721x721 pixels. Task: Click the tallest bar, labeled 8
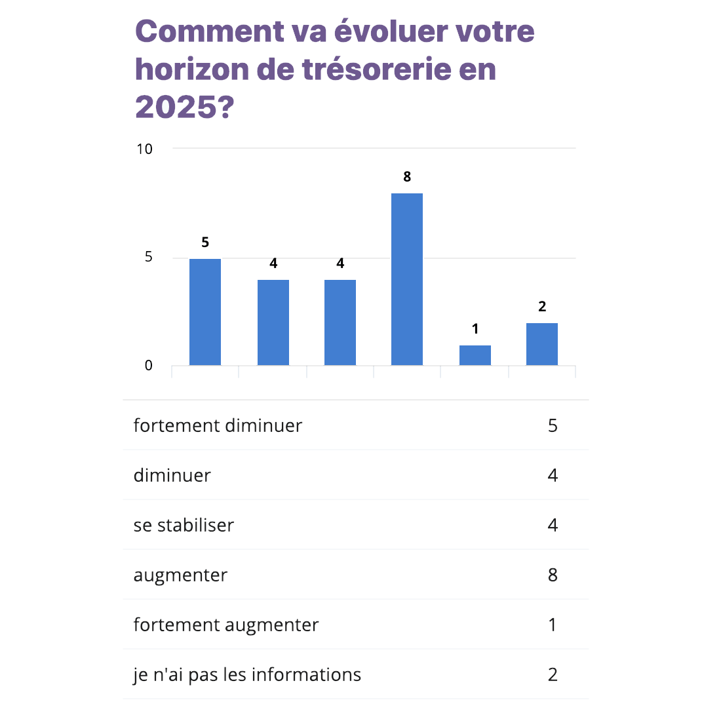[x=406, y=279]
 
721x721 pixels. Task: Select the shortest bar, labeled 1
[x=475, y=355]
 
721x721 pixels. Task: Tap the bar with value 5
[x=205, y=312]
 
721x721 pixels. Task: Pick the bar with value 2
[x=541, y=344]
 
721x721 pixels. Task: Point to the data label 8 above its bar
[x=407, y=177]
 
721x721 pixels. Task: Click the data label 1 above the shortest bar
[x=475, y=329]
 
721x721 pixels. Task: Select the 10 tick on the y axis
[x=144, y=149]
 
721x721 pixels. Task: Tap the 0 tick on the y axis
[x=149, y=366]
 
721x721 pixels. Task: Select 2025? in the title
[x=184, y=106]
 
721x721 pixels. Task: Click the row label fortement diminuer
[x=218, y=425]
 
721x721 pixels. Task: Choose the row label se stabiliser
[x=184, y=525]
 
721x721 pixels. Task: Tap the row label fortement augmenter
[x=226, y=625]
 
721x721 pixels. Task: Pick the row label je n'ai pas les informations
[x=247, y=674]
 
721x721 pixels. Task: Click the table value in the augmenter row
[x=553, y=575]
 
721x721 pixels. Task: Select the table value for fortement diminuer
[x=553, y=425]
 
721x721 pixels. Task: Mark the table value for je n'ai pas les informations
[x=553, y=674]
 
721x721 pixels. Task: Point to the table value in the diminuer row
[x=553, y=475]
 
